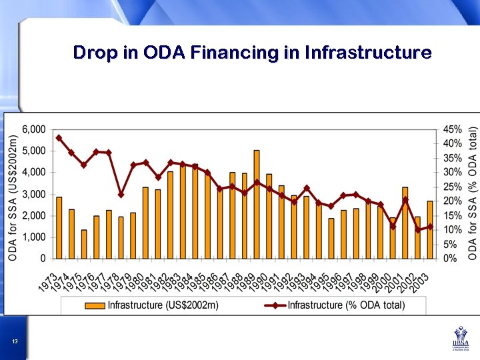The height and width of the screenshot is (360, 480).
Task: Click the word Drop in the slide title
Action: pyautogui.click(x=94, y=52)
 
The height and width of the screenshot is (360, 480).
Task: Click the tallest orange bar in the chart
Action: pyautogui.click(x=257, y=204)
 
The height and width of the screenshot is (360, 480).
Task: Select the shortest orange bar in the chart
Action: pyautogui.click(x=84, y=244)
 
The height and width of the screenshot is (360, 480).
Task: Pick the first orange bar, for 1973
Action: pyautogui.click(x=59, y=227)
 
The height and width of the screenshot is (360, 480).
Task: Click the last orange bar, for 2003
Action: pyautogui.click(x=430, y=229)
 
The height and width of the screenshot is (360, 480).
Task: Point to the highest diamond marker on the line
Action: pyautogui.click(x=59, y=138)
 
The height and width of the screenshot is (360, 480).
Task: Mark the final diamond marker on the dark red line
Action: pyautogui.click(x=430, y=227)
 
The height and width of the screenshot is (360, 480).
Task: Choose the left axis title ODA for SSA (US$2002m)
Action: pyautogui.click(x=13, y=193)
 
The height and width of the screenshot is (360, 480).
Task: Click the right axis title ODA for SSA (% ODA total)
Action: pyautogui.click(x=472, y=193)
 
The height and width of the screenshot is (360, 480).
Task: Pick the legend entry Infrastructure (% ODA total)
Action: pyautogui.click(x=346, y=305)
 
